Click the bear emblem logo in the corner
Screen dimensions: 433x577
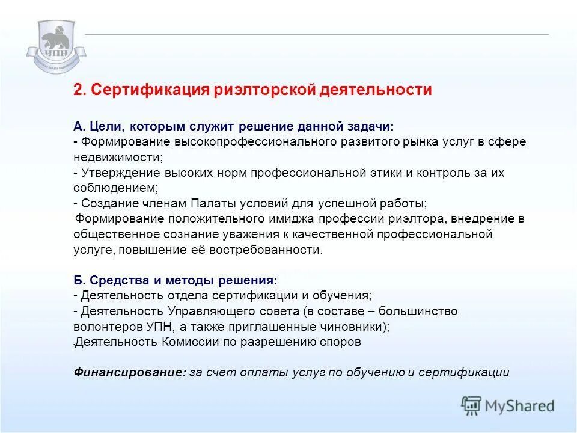point(56,46)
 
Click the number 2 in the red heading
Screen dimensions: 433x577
point(78,90)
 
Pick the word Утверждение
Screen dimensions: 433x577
point(115,173)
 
